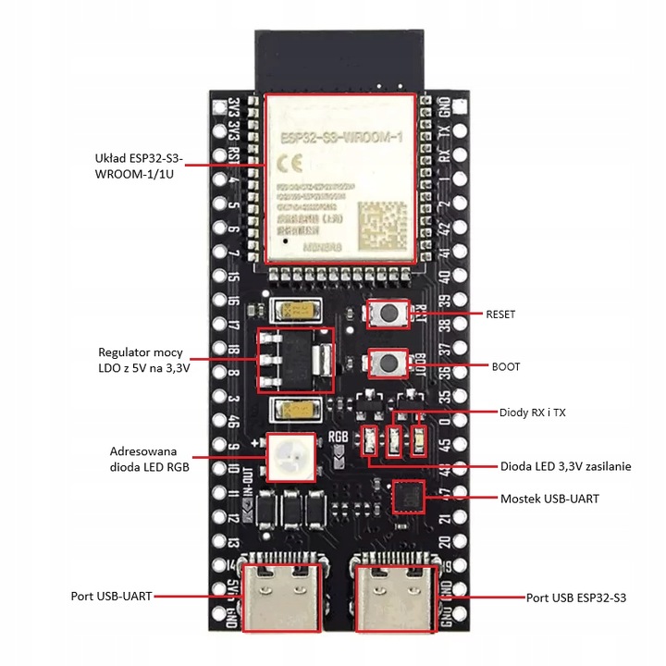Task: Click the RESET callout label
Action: click(500, 314)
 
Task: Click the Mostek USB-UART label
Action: click(549, 499)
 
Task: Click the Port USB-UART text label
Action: click(112, 597)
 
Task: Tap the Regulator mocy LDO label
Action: click(144, 361)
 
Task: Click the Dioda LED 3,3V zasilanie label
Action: click(565, 467)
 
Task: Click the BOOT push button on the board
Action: click(389, 364)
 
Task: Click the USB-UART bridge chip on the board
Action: click(408, 498)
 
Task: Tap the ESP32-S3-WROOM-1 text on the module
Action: click(339, 139)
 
